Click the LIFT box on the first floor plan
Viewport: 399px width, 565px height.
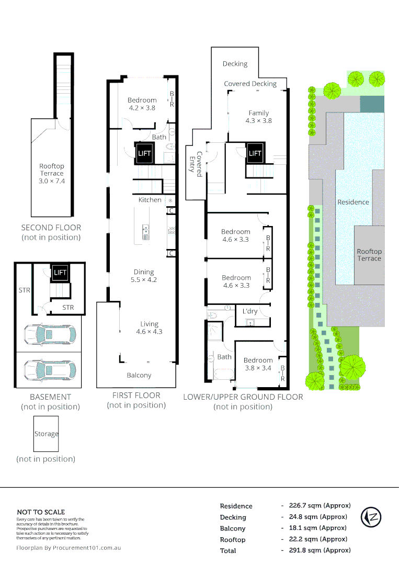(x=144, y=153)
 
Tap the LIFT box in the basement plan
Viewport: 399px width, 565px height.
(x=60, y=273)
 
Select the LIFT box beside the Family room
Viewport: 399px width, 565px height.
(x=255, y=153)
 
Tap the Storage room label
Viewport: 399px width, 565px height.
(x=47, y=434)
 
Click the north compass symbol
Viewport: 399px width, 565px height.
(x=371, y=517)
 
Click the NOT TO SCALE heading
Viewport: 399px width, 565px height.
(x=41, y=512)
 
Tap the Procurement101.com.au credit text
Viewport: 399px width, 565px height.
(x=69, y=548)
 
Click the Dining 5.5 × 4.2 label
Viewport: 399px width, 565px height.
(x=144, y=276)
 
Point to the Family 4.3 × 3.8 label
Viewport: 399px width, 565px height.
(x=259, y=117)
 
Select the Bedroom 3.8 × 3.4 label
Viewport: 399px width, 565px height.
(x=258, y=364)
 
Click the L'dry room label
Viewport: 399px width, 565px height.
(x=249, y=311)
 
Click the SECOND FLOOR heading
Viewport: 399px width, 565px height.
(x=51, y=228)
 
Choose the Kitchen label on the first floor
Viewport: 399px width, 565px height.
(x=150, y=200)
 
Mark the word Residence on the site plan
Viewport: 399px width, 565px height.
(x=353, y=202)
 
